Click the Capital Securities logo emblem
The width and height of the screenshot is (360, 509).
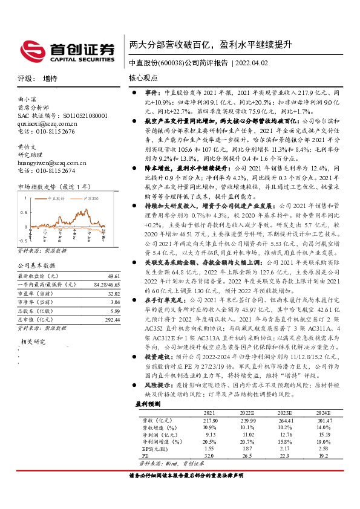point(33,48)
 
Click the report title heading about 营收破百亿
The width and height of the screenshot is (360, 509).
point(211,45)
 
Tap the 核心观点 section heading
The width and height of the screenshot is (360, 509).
point(143,79)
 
